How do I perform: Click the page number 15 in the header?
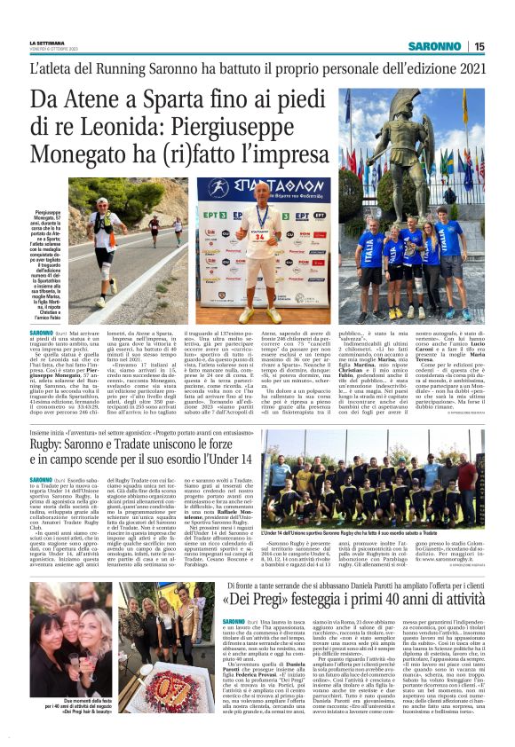pos(479,46)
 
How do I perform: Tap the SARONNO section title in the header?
pos(435,46)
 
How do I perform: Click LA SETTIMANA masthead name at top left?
pos(49,43)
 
